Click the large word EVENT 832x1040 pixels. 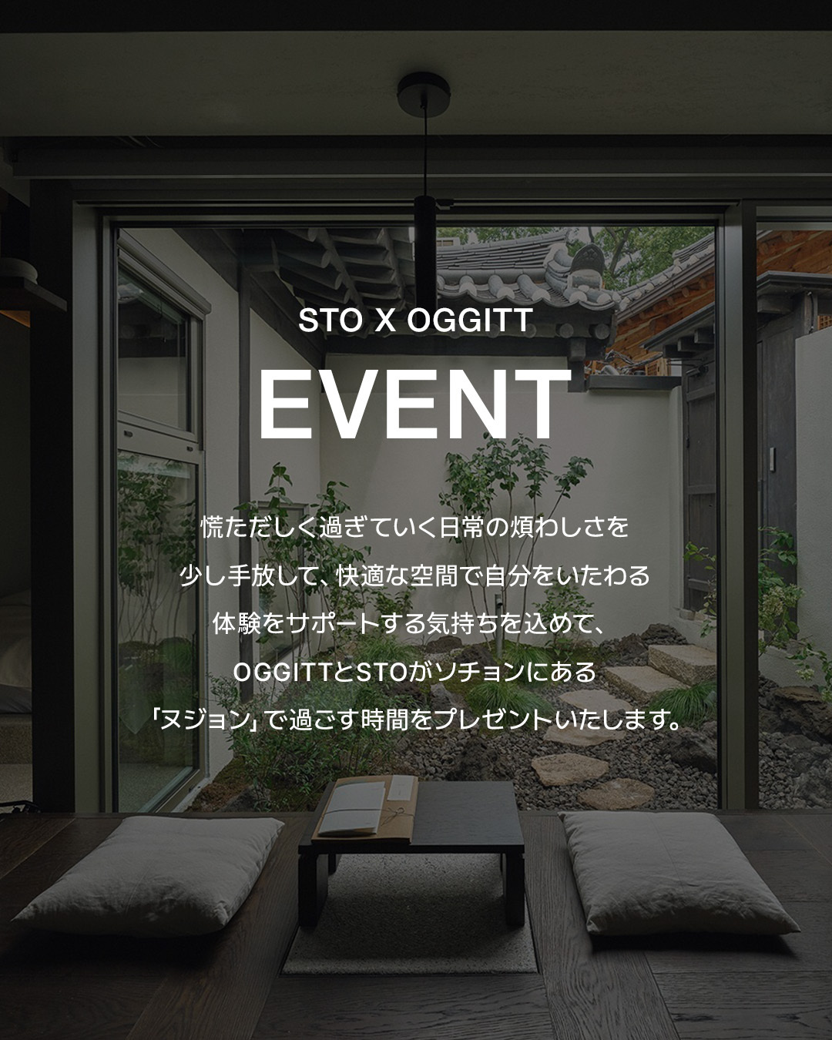(x=415, y=404)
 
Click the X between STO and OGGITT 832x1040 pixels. (x=385, y=320)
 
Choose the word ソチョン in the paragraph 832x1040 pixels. (x=475, y=673)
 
